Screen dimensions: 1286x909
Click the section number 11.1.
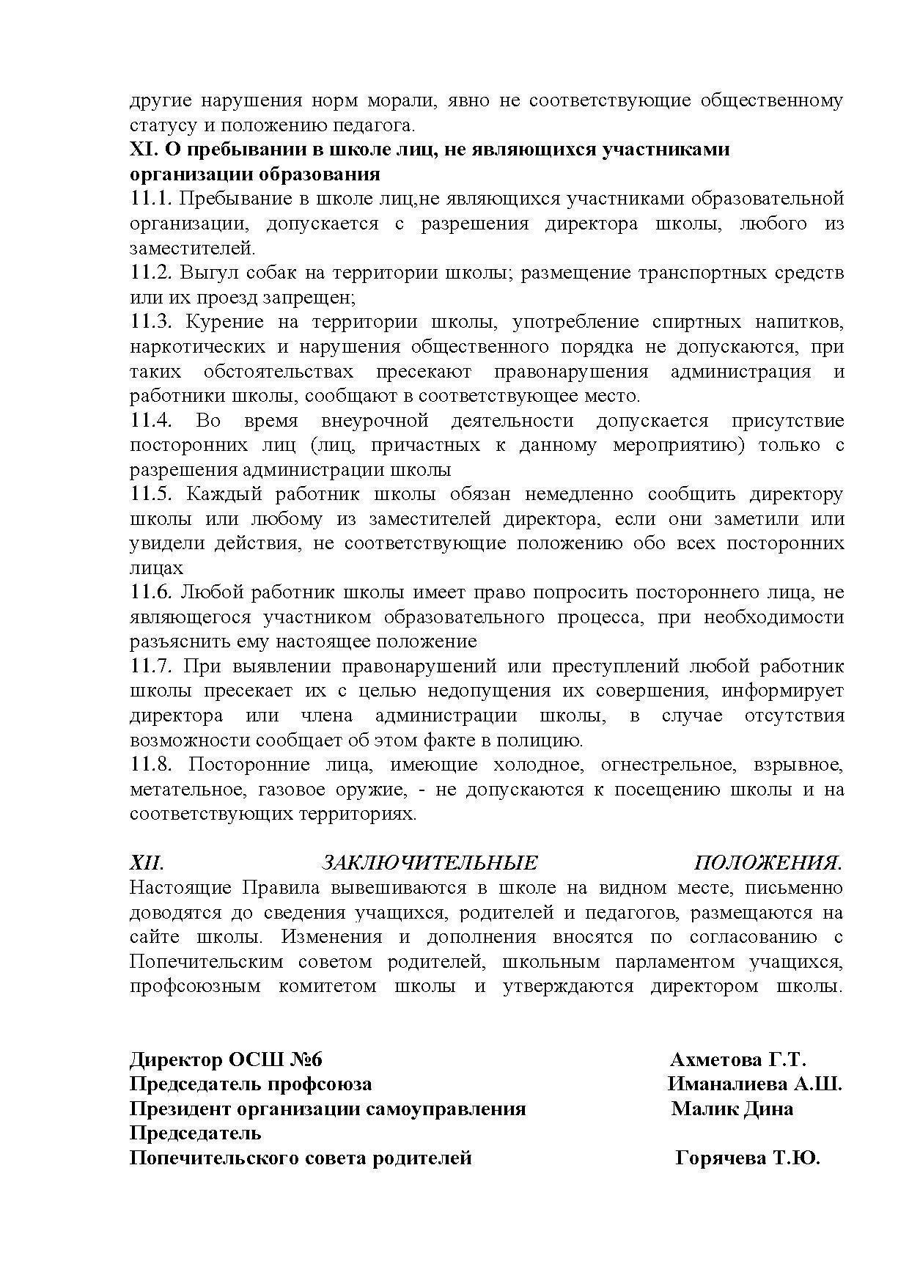150,199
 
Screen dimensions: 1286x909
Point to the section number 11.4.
151,421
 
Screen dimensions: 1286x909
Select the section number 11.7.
151,666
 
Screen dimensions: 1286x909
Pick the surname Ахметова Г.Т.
737,1060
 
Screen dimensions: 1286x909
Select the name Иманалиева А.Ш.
754,1084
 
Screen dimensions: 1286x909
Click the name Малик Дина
732,1109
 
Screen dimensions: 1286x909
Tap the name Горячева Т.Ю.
747,1158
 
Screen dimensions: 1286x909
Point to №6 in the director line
304,1060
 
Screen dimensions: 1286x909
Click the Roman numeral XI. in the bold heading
144,150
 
